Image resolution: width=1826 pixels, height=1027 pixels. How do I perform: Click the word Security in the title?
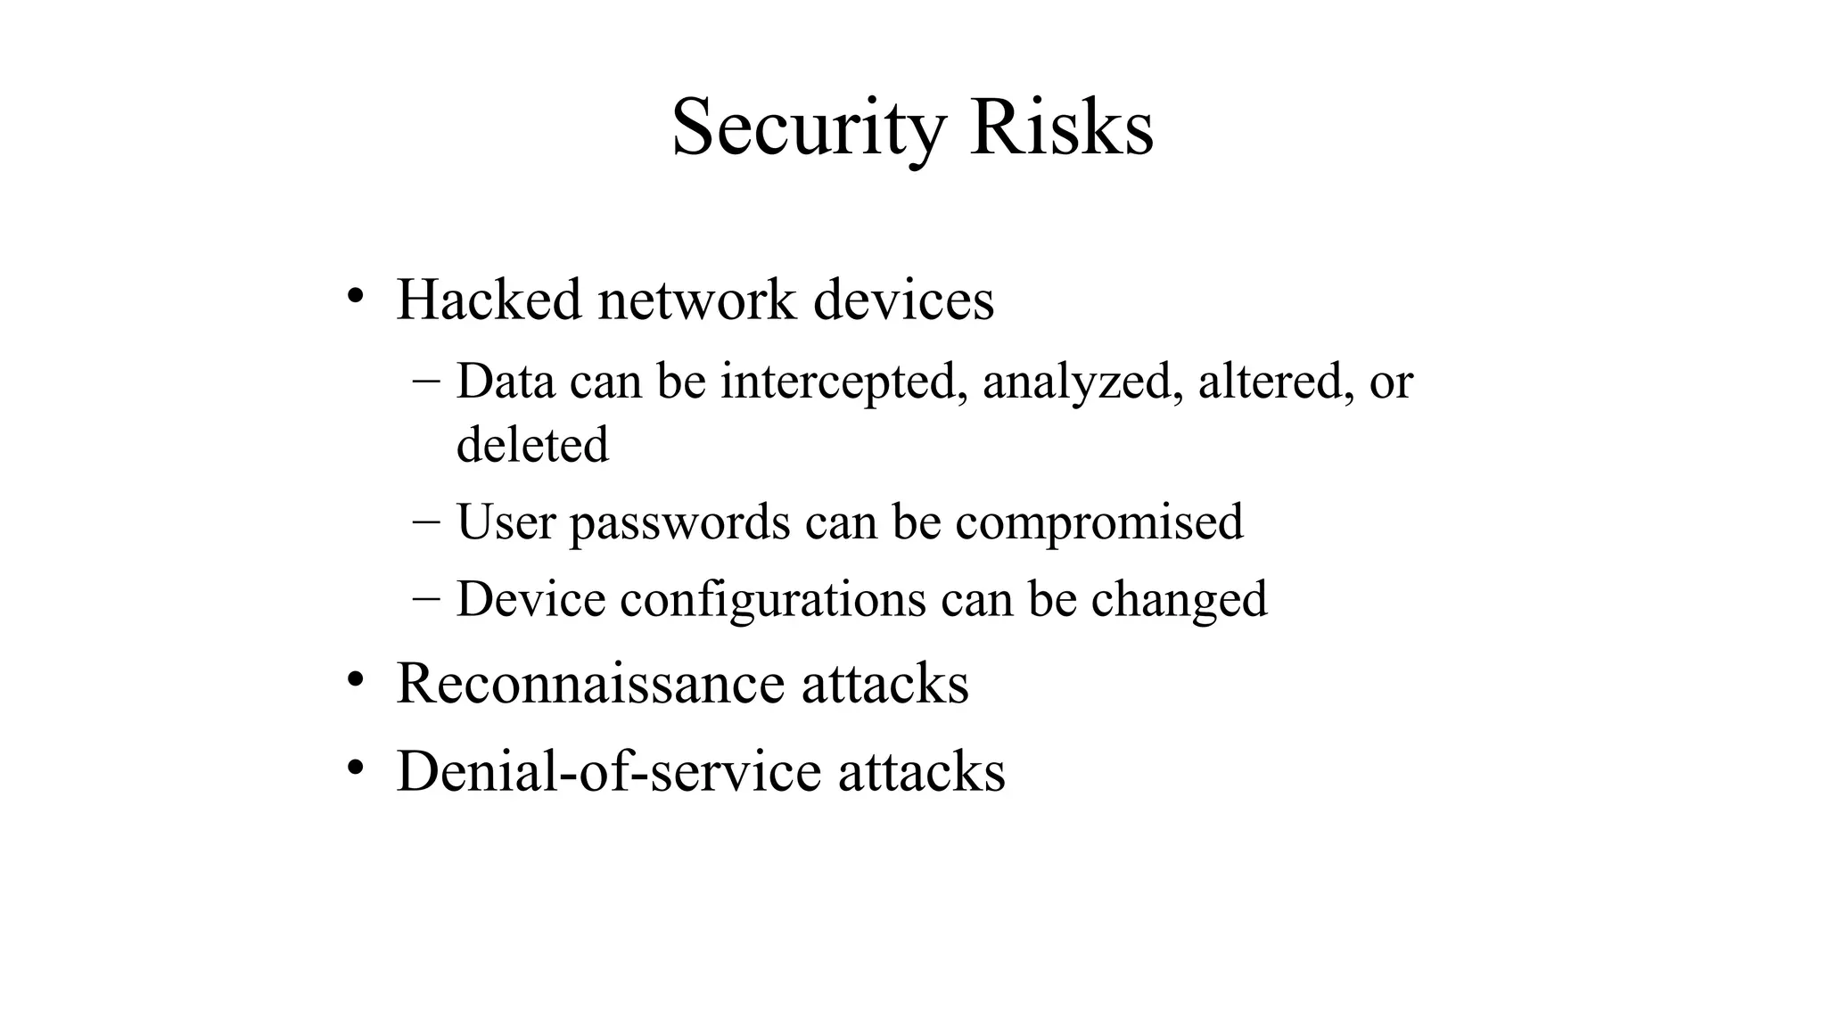tap(807, 129)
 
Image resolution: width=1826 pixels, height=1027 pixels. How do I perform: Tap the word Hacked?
tap(489, 300)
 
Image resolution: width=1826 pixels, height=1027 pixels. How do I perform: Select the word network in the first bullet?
tap(696, 300)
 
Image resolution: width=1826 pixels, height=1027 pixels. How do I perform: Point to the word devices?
tap(903, 300)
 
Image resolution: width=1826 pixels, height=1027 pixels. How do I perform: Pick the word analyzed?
tap(1083, 382)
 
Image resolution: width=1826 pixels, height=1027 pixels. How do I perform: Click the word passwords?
tap(679, 522)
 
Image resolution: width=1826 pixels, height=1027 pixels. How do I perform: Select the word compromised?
tap(1098, 522)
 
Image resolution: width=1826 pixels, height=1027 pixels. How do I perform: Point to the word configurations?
tap(773, 599)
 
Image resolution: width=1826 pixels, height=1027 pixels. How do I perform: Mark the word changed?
tap(1179, 599)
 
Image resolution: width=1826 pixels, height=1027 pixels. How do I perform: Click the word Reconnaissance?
tap(589, 684)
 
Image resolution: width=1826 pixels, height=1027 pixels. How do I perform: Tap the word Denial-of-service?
tap(608, 771)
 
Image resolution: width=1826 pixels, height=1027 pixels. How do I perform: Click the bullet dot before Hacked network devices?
tap(355, 295)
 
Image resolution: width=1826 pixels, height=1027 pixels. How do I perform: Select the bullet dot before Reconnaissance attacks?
tap(355, 679)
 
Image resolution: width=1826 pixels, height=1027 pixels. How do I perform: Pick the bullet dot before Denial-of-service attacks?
tap(355, 767)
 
